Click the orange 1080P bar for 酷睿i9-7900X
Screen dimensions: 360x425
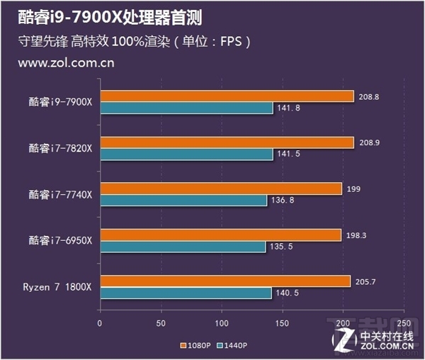[x=227, y=96]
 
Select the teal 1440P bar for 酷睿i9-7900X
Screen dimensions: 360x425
[x=186, y=108]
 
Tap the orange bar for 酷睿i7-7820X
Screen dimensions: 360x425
[x=227, y=142]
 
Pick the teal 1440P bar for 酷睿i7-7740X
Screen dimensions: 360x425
[x=183, y=201]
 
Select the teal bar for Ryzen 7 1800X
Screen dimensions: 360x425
[x=186, y=293]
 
